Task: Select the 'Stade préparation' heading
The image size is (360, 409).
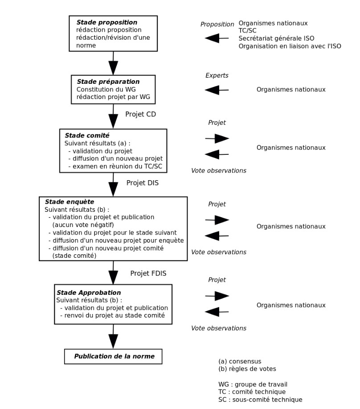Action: click(108, 82)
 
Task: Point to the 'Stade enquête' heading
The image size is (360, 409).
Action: click(70, 202)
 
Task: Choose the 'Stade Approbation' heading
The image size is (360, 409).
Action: click(89, 293)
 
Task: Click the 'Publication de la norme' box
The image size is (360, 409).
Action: click(114, 356)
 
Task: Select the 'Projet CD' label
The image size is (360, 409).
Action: click(141, 114)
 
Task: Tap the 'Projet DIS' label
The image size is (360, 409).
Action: click(142, 183)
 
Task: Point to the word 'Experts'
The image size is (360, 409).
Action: click(217, 75)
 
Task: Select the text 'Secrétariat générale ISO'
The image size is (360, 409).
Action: click(276, 38)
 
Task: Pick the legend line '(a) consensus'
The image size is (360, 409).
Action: click(240, 361)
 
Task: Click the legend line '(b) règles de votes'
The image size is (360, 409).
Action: click(247, 369)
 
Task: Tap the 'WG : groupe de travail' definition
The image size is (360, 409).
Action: click(253, 384)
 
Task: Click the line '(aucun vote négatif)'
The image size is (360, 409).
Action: click(82, 224)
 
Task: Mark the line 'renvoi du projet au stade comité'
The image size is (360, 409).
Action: click(112, 315)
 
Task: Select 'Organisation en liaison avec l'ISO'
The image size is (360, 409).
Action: click(290, 46)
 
